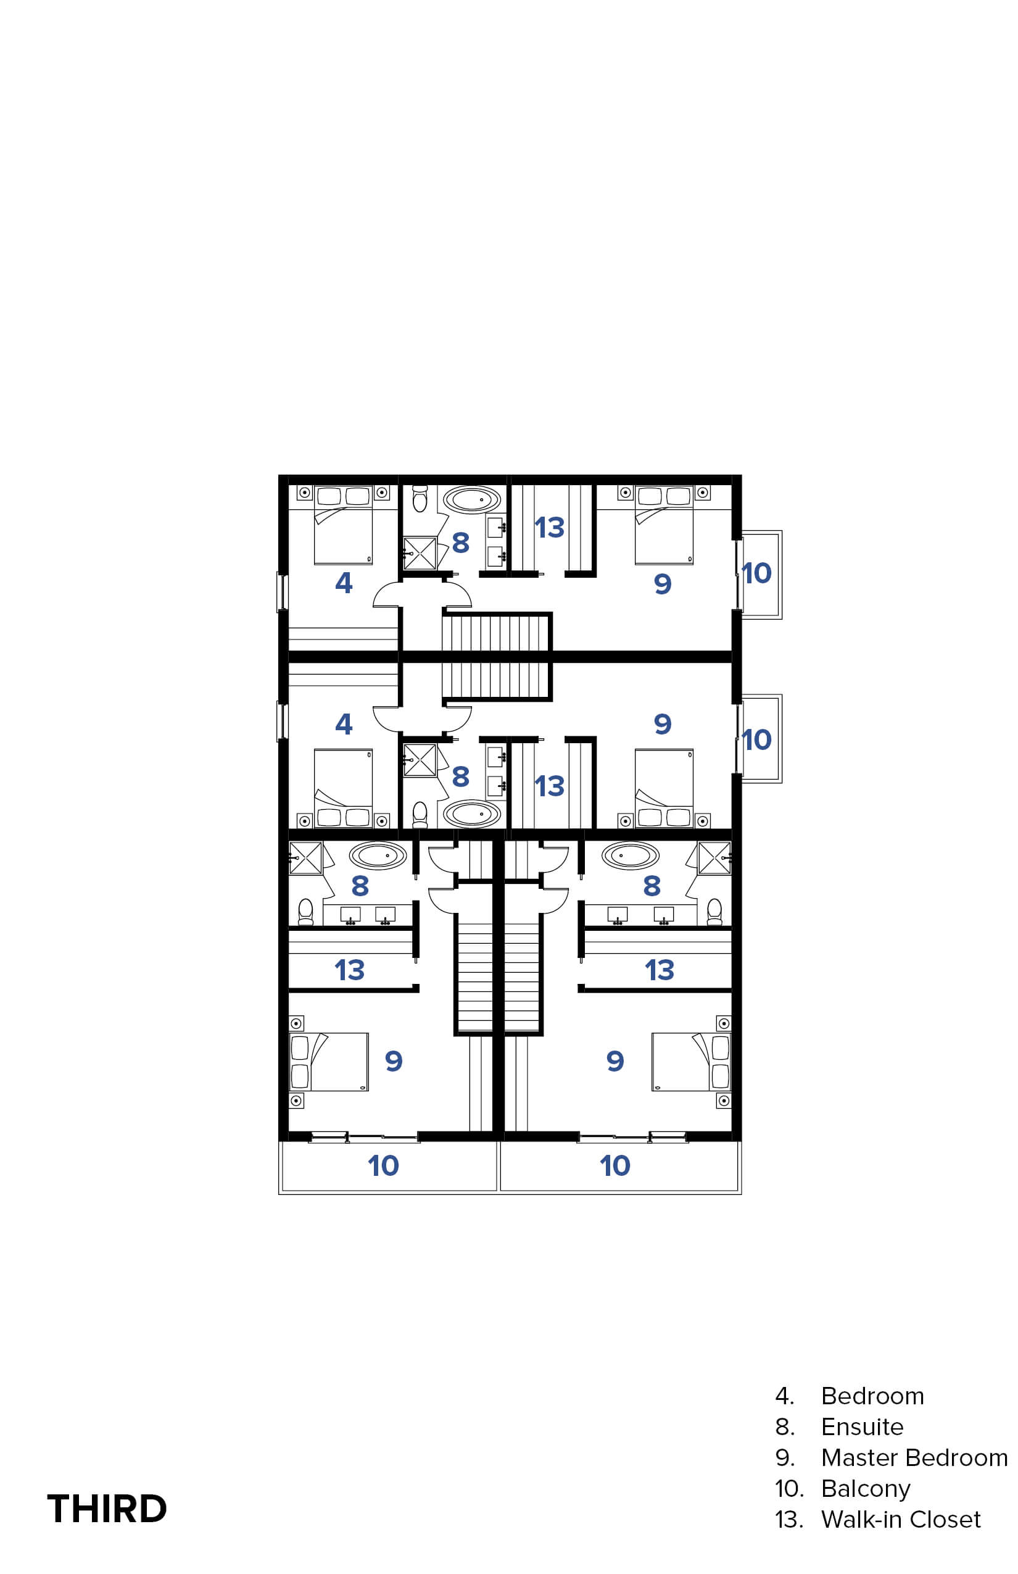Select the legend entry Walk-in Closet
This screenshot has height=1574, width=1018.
tap(900, 1519)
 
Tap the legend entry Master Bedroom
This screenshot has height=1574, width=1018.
tap(914, 1457)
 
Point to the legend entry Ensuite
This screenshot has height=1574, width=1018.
tap(862, 1426)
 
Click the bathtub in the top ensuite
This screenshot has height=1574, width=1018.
tap(472, 500)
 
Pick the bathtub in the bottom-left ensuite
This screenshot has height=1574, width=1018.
tap(378, 856)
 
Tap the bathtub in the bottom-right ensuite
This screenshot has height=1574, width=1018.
tap(631, 856)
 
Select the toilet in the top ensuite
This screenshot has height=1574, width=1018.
tap(420, 499)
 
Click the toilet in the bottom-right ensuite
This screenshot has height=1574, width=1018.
tap(714, 911)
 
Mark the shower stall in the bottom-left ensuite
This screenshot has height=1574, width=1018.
tap(305, 858)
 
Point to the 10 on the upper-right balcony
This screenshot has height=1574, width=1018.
tap(757, 573)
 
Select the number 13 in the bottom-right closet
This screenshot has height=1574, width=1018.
tap(659, 970)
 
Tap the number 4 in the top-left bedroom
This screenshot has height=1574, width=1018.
tap(344, 583)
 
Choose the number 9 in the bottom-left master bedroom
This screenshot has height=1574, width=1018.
tap(394, 1062)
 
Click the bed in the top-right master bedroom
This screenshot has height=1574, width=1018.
tap(664, 525)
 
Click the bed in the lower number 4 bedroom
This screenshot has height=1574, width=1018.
tap(343, 788)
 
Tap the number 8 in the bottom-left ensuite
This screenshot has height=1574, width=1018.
tap(360, 886)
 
